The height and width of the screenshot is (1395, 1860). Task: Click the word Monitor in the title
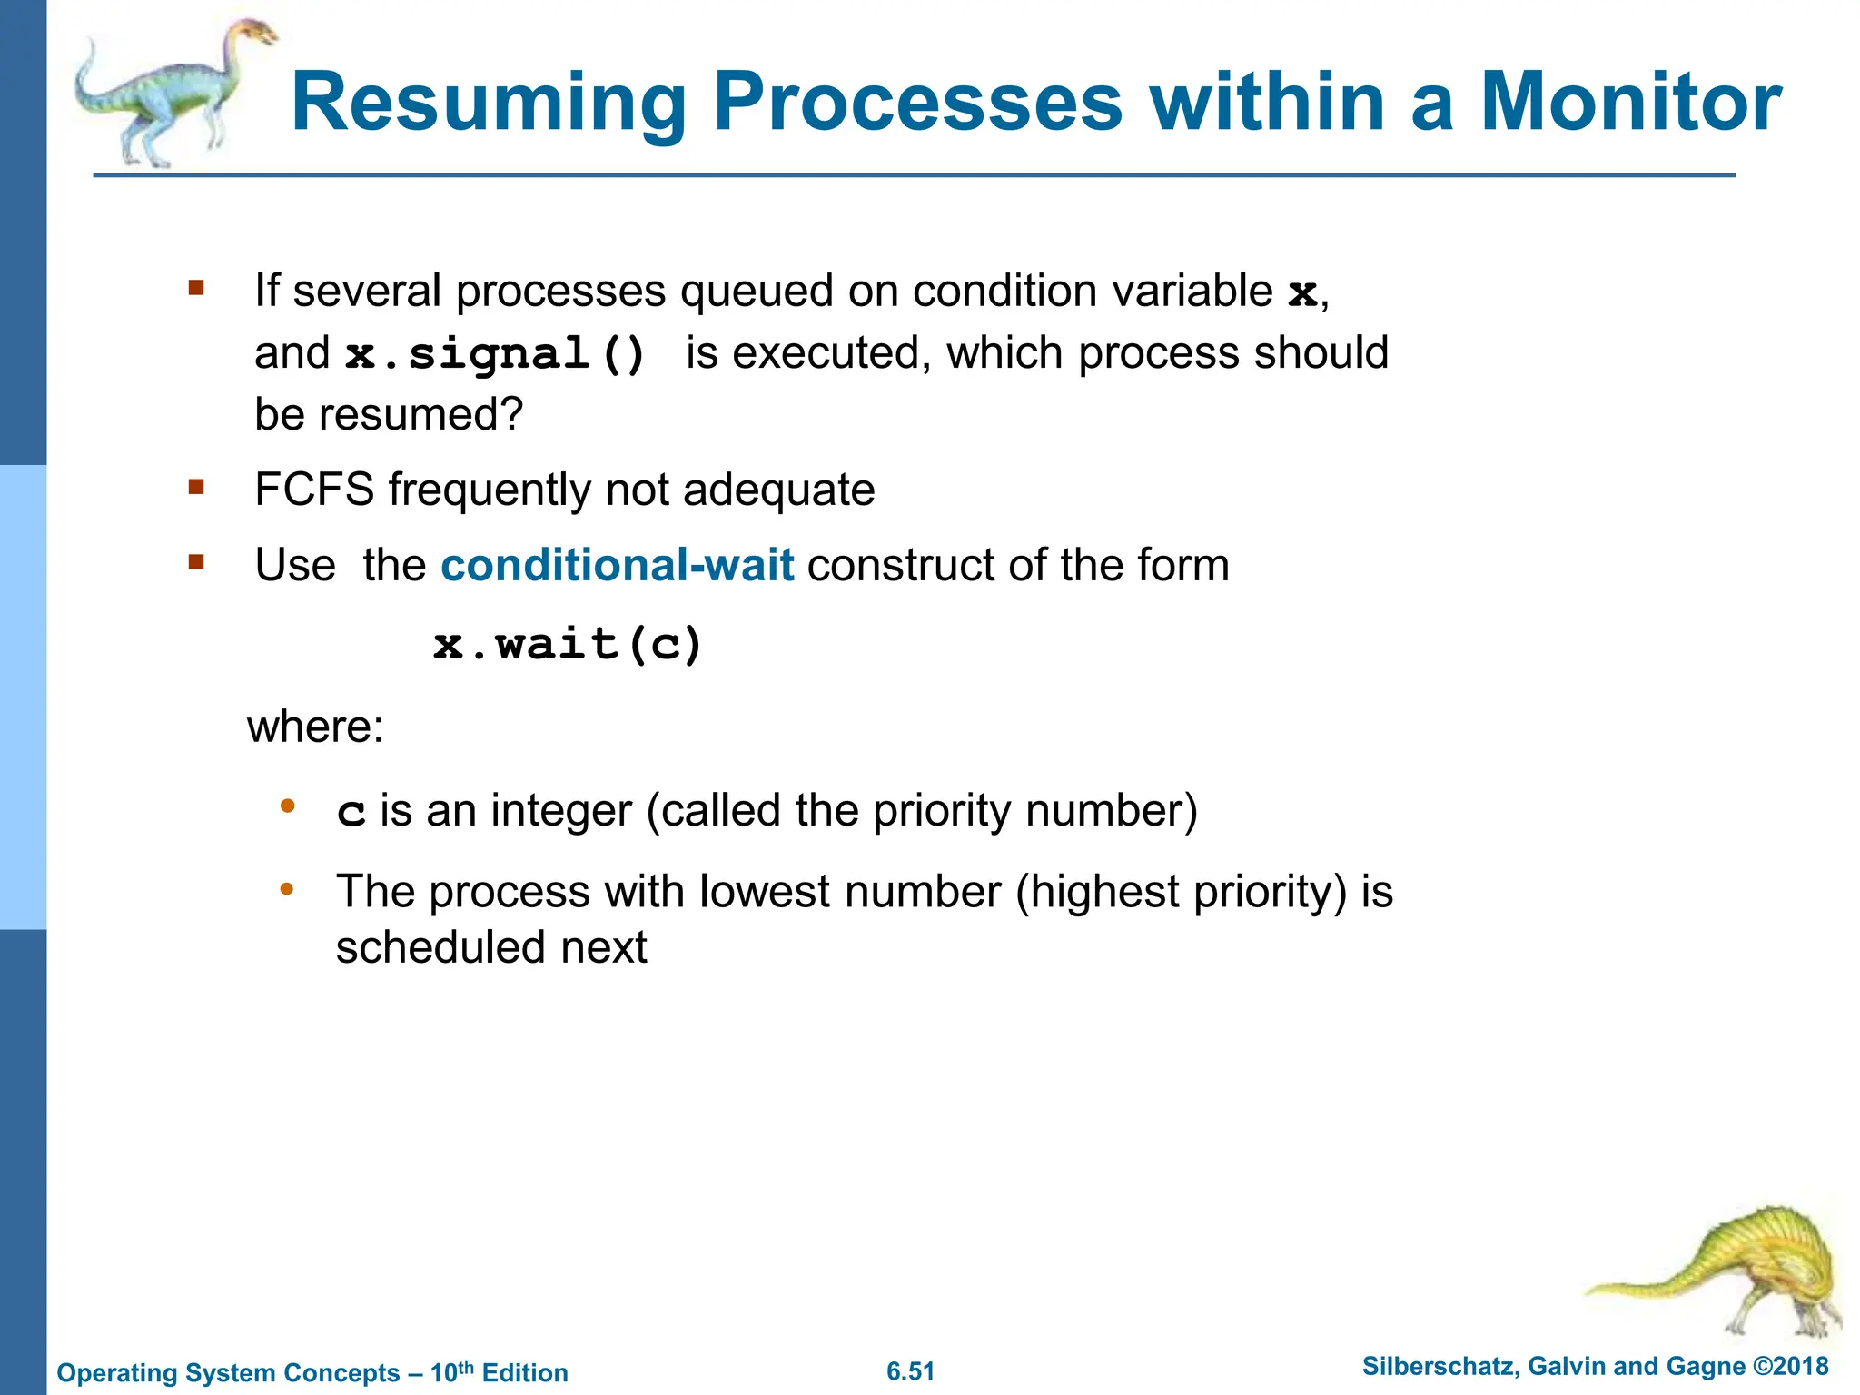tap(1630, 102)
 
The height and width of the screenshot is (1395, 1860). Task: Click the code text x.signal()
tap(496, 354)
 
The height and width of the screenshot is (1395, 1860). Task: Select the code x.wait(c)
tap(569, 645)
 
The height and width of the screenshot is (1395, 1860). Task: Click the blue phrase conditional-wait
tap(618, 565)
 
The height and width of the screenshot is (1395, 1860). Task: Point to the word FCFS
tap(314, 490)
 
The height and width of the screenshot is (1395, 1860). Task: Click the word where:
tap(315, 727)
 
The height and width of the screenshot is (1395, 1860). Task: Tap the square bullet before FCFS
tap(196, 488)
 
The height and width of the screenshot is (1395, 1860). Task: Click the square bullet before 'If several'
tap(196, 289)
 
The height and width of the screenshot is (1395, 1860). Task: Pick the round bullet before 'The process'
tap(287, 888)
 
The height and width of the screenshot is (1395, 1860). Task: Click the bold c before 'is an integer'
tap(351, 812)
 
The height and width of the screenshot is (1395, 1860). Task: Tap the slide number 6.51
tap(910, 1371)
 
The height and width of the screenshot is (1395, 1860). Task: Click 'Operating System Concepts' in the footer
tap(228, 1373)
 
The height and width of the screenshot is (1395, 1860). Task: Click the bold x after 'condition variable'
tap(1302, 292)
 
